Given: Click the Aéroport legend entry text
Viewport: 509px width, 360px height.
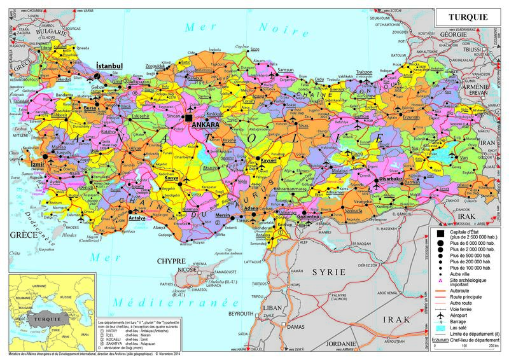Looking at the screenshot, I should pos(463,314).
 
